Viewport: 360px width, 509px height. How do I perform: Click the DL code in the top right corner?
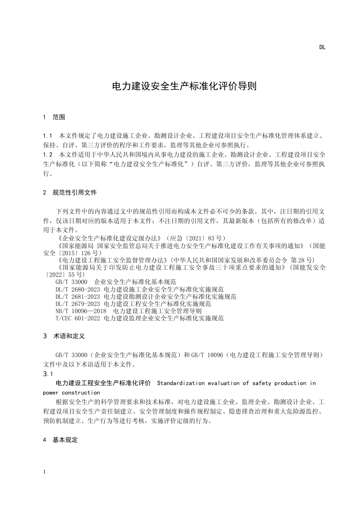322,47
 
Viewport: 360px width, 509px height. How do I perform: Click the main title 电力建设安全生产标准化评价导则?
184,86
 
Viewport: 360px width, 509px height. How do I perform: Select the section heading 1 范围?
54,117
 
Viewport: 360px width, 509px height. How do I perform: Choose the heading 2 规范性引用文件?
70,192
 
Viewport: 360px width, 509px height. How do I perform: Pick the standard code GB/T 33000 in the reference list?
71,282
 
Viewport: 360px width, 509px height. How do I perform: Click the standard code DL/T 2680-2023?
78,289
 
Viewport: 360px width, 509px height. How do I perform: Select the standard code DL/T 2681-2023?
78,297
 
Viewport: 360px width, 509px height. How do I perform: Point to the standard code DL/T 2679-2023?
78,304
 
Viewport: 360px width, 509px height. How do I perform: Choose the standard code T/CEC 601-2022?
78,318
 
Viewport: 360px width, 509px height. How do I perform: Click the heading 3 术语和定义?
64,336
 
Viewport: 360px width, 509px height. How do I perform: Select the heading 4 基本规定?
61,440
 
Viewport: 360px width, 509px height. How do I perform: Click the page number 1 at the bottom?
45,472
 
